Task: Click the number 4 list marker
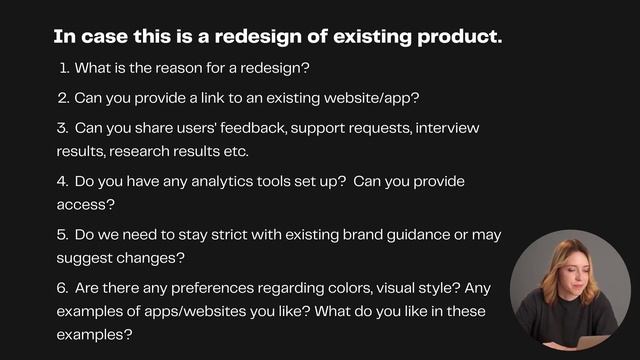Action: click(x=62, y=182)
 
